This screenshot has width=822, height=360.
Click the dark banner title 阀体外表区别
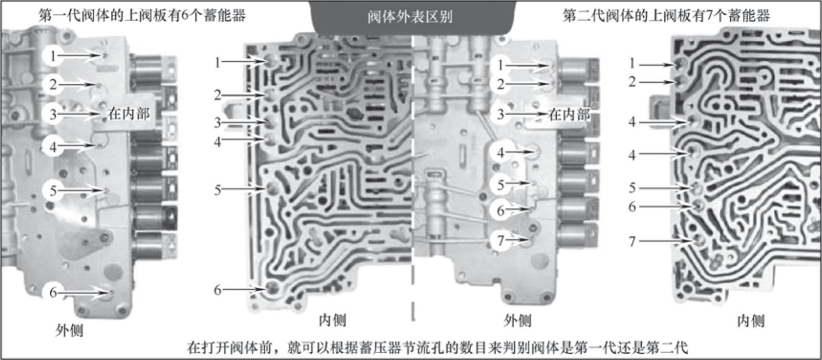point(410,17)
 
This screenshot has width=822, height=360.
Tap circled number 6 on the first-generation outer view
point(53,292)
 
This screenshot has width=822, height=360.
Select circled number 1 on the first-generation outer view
point(53,56)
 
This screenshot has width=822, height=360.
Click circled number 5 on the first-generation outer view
point(53,191)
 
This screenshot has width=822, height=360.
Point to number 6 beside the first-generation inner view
point(217,290)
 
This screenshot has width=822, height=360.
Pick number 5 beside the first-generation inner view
point(217,190)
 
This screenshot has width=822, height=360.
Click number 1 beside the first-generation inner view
point(217,62)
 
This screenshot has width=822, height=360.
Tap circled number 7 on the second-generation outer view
point(500,240)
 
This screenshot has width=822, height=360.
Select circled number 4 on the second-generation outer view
point(500,153)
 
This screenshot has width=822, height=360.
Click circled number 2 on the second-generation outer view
point(500,84)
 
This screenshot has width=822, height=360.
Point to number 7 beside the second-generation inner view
point(632,241)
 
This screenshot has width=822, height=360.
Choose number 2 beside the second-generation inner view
point(632,82)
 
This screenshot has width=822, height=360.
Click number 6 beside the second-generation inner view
point(632,207)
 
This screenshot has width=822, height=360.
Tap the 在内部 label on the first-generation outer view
point(129,114)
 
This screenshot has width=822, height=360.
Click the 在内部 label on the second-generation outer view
point(569,114)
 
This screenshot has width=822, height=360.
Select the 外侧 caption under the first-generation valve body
point(69,330)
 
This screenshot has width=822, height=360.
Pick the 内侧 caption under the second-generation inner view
point(751,321)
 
